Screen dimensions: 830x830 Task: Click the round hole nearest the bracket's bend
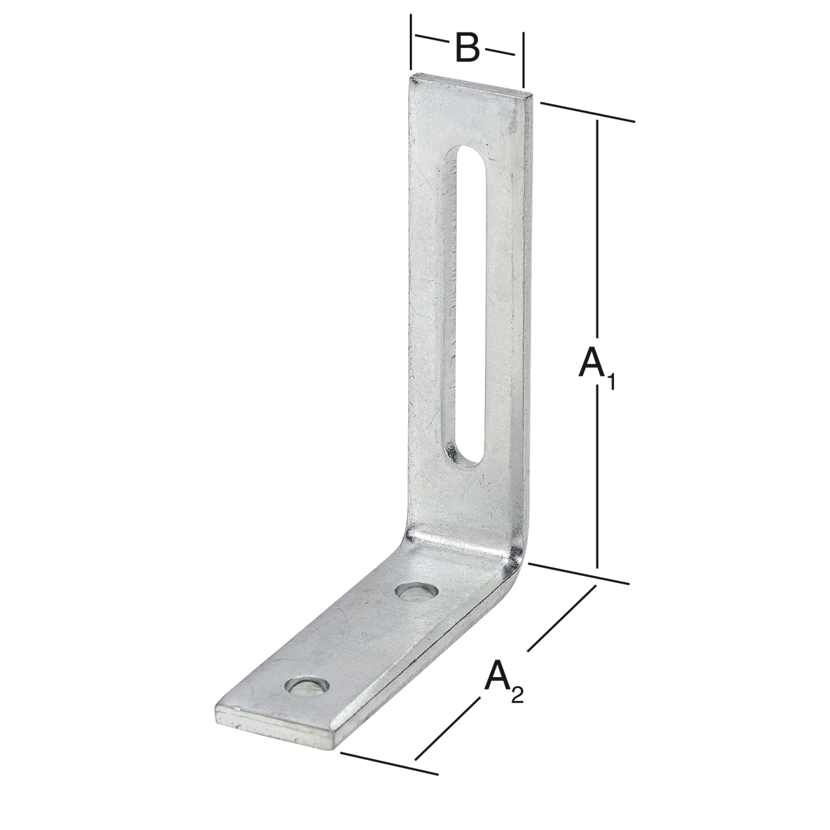pos(416,591)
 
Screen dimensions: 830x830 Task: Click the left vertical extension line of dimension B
pos(410,43)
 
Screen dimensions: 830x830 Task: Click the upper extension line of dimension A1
pos(587,112)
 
